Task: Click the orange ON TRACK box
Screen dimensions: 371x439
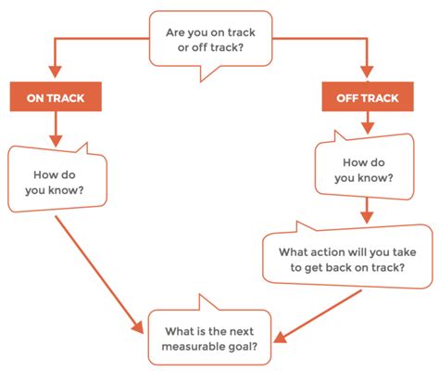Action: (56, 96)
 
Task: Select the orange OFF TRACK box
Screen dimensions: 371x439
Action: (367, 96)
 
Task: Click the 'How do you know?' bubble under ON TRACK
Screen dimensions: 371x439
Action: (56, 181)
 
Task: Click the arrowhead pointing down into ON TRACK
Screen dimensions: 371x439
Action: (56, 73)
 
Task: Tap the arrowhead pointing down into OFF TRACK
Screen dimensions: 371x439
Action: (367, 73)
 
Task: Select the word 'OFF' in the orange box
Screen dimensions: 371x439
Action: (347, 96)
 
